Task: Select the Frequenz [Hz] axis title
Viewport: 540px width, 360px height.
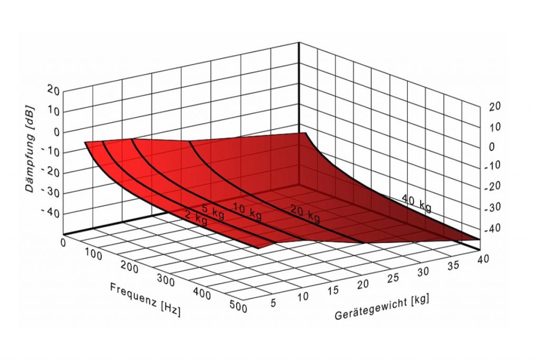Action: [x=145, y=299]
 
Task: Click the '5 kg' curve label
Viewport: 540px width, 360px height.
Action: [x=213, y=209]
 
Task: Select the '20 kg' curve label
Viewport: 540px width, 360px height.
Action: [x=305, y=213]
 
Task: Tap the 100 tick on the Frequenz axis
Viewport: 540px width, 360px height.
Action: [x=93, y=255]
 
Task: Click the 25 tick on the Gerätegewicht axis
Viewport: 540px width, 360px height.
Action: [x=391, y=278]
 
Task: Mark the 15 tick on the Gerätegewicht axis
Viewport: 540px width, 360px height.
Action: [x=333, y=290]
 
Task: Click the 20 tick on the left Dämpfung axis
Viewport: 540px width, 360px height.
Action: [x=53, y=90]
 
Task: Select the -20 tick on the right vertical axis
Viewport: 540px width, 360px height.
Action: [x=494, y=187]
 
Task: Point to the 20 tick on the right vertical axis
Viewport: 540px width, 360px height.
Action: [x=495, y=106]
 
